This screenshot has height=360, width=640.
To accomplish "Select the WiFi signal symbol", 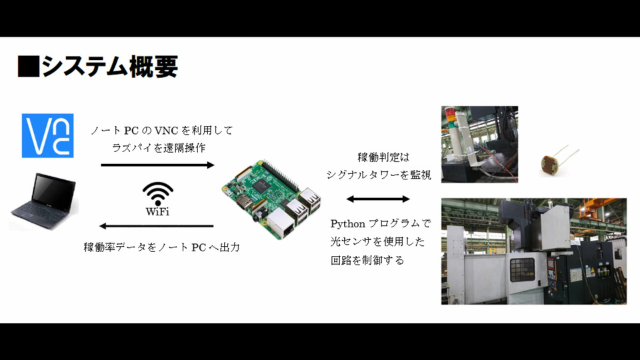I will [x=157, y=193].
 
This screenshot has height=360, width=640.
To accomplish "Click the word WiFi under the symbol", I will [x=157, y=212].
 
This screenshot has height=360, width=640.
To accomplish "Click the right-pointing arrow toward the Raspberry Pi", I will [x=157, y=164].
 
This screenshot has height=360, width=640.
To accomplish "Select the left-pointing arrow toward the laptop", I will [x=157, y=227].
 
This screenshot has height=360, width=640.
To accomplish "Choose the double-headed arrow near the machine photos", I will [x=378, y=199].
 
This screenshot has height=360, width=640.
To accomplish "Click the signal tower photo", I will [x=479, y=144].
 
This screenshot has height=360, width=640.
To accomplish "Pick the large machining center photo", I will [x=533, y=251].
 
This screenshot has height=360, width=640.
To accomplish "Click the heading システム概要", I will [x=109, y=67].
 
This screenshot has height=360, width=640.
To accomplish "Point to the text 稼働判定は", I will [x=381, y=157].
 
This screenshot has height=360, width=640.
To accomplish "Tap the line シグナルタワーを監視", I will [x=379, y=175].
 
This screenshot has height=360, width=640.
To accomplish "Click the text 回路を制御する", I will [x=368, y=260].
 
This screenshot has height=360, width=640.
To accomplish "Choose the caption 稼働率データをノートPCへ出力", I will [x=161, y=247].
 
